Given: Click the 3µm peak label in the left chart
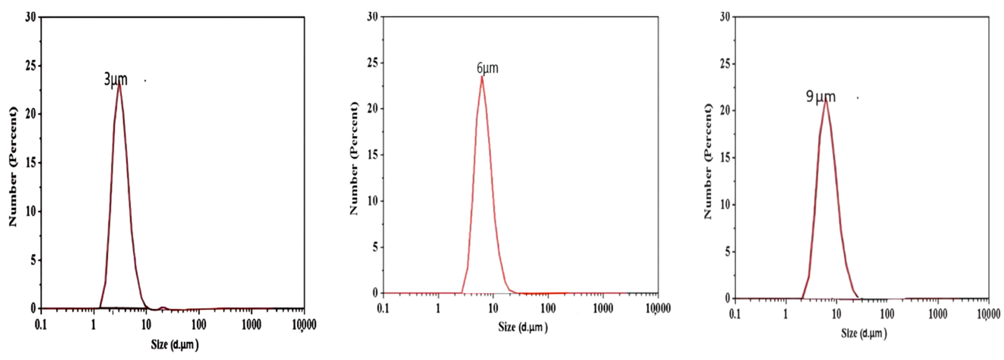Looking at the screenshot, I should [x=115, y=79].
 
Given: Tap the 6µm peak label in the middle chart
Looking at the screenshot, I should [x=487, y=68].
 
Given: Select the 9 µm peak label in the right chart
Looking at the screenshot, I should [x=820, y=97].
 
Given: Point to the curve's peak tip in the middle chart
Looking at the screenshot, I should [x=482, y=77].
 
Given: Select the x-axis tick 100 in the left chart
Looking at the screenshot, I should [x=199, y=325].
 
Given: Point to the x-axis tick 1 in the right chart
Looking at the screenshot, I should [x=786, y=314].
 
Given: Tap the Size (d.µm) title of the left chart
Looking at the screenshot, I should [x=175, y=344].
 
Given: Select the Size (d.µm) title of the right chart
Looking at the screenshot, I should [x=864, y=333].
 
